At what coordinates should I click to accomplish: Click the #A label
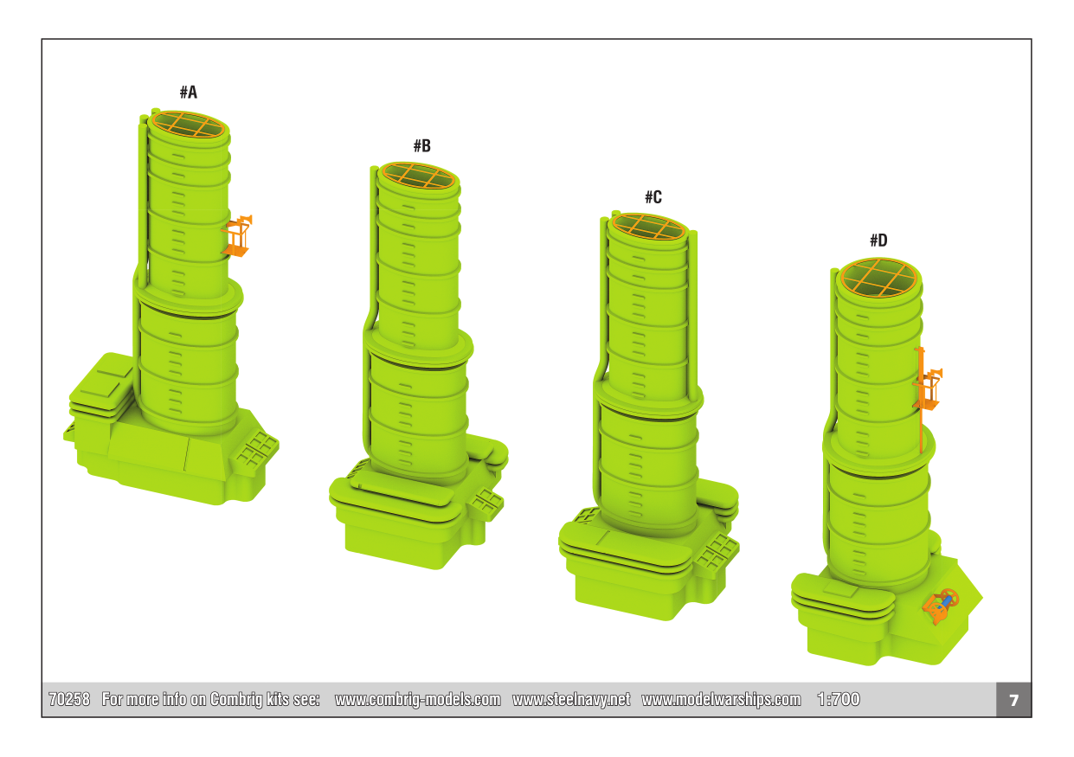[x=189, y=92]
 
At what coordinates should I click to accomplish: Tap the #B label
[x=422, y=145]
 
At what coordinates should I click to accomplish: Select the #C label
[x=653, y=197]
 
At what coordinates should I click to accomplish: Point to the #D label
[x=878, y=241]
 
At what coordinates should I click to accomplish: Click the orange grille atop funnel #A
[x=189, y=125]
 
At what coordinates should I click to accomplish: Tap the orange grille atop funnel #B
[x=419, y=176]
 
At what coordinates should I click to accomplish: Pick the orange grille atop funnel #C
[x=648, y=227]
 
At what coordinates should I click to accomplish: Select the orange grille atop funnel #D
[x=879, y=278]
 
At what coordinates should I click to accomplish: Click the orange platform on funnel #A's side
[x=237, y=236]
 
